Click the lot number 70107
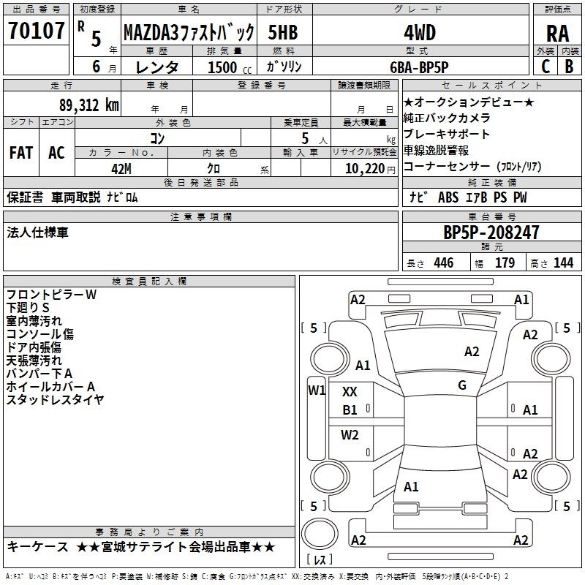click(36, 30)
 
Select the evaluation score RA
click(557, 34)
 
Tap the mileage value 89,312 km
click(89, 105)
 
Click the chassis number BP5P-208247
click(491, 233)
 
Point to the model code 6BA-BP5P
click(419, 67)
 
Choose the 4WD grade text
click(420, 33)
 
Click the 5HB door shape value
click(283, 32)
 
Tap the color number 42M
click(121, 169)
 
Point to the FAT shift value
click(21, 153)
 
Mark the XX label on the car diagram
click(350, 392)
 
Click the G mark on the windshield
click(462, 385)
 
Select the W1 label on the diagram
click(317, 390)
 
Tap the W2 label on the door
click(350, 435)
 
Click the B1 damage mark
click(350, 410)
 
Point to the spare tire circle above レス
click(320, 534)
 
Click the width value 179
click(505, 263)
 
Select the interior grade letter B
click(569, 67)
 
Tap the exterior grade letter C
click(546, 67)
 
